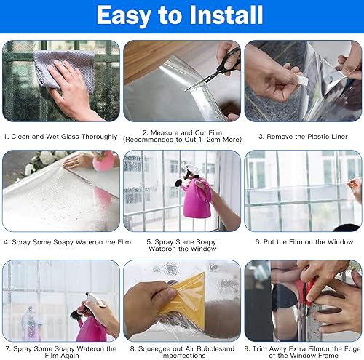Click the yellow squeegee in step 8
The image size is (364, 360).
click(x=184, y=298)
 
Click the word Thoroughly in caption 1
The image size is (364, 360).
click(x=99, y=137)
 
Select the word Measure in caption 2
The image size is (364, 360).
click(x=165, y=132)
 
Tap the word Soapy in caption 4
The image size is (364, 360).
click(x=63, y=242)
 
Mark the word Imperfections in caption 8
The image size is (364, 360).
click(x=183, y=356)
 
